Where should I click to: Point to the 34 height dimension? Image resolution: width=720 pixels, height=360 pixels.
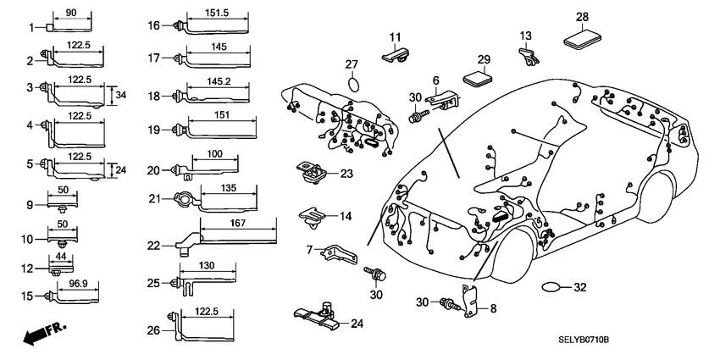[120, 94]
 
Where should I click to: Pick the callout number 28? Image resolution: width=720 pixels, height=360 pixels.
[582, 16]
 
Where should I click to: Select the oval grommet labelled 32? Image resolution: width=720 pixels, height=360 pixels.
[552, 287]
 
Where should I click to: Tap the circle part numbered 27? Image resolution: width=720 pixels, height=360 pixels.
[355, 86]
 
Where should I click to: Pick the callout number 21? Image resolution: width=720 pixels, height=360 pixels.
[152, 198]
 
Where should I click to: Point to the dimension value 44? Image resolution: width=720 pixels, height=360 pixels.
[60, 256]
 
